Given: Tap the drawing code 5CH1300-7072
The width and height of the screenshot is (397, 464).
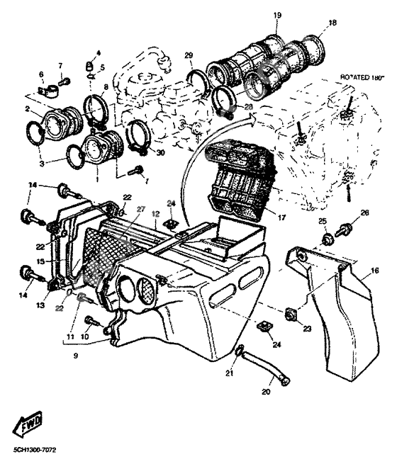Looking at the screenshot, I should (x=35, y=450).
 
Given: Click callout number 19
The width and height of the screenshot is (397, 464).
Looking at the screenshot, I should (x=276, y=15).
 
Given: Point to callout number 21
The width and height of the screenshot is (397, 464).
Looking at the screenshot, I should (x=229, y=373).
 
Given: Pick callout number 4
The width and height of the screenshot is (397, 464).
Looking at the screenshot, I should (x=98, y=52).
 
